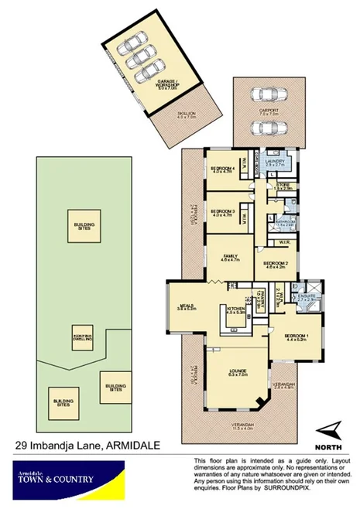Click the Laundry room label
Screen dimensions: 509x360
point(276,162)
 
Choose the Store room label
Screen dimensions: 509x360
point(283,185)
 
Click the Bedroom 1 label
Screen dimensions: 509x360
point(297,334)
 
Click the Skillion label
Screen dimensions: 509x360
point(183,114)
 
